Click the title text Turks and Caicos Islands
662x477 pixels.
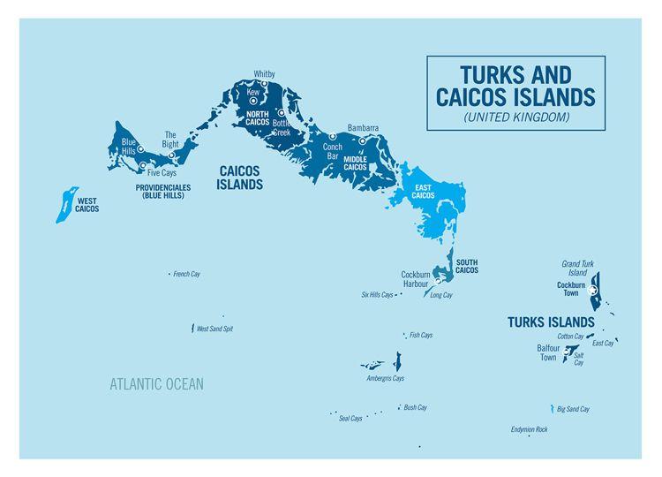[515, 86]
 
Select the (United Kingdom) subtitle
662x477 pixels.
[515, 117]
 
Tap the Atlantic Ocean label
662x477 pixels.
[156, 384]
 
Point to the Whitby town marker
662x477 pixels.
[264, 84]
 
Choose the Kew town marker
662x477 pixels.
[252, 102]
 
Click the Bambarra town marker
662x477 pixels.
[362, 140]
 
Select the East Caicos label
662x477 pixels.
[423, 192]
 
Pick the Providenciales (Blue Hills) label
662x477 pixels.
[163, 191]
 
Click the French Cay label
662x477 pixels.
[186, 275]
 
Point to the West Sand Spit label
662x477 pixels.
[214, 329]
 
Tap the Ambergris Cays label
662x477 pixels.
[385, 378]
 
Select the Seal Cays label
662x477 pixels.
[350, 418]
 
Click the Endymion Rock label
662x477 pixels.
[529, 429]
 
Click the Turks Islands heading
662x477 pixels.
[551, 322]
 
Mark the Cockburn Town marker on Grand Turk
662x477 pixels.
[593, 290]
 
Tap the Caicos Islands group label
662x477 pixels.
[240, 178]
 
